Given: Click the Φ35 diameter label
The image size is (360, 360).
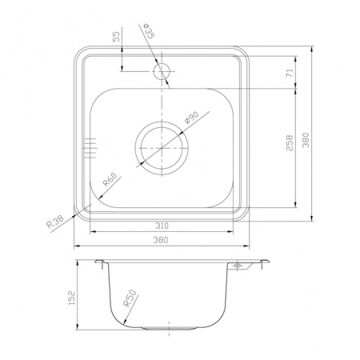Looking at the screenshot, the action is coord(149,31).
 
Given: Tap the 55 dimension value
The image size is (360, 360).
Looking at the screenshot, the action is coord(116,37).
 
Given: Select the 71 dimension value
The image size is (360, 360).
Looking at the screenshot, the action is coord(290,73).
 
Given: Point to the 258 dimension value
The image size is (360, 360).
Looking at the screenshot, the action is coord(290,143).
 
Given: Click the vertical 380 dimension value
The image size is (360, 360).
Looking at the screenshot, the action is coord(306,140).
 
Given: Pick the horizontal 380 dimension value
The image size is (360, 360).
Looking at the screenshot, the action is coord(161,240).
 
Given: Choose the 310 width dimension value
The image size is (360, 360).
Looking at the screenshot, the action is coord(162,226).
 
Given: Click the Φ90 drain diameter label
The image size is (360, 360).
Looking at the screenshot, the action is coord(192,118).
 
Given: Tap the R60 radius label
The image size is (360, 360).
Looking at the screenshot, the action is coord(110,179).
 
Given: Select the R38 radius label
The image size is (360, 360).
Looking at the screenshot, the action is coord(55,222).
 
